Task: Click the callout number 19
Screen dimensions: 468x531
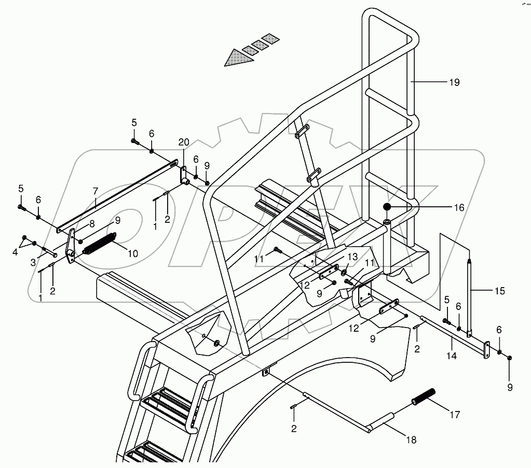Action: pos(455,82)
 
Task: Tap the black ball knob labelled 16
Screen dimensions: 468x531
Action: pos(388,208)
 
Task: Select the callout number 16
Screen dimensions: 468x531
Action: pos(459,208)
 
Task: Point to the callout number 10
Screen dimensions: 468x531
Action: pos(133,254)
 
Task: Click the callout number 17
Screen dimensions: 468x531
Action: pos(455,415)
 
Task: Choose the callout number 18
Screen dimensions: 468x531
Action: pos(411,441)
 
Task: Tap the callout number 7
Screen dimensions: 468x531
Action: pos(95,191)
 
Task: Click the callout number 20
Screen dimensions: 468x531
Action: pos(183,143)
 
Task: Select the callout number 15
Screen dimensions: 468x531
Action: pos(499,291)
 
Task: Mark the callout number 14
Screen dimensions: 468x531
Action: pos(452,357)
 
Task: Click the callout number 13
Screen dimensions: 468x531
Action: pos(352,257)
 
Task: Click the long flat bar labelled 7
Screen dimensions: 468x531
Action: pos(117,197)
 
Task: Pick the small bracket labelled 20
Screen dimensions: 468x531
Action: pos(184,175)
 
